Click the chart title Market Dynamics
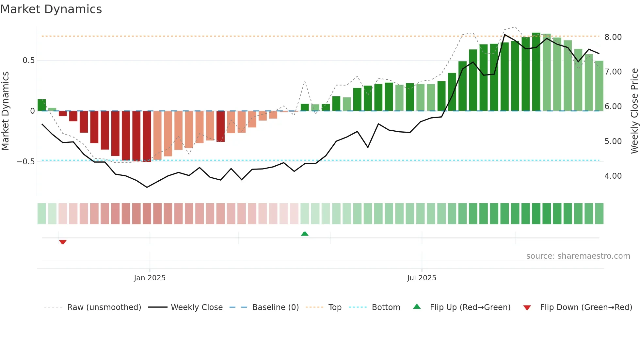click(x=51, y=9)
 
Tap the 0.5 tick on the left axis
click(x=28, y=60)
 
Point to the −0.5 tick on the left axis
click(x=26, y=162)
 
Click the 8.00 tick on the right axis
click(x=613, y=37)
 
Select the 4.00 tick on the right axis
click(x=613, y=176)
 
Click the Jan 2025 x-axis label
click(x=150, y=278)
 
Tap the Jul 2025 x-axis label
click(x=422, y=278)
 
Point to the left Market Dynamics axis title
click(x=5, y=111)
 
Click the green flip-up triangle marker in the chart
click(x=305, y=234)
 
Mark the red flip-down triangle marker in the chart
click(x=63, y=242)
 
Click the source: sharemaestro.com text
click(x=578, y=256)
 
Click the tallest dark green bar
click(x=536, y=72)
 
